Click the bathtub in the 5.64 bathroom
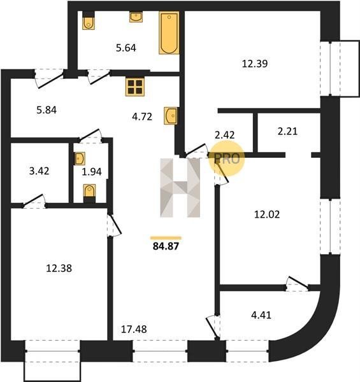(169, 32)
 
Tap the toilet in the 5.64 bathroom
(89, 21)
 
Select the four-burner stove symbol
(135, 87)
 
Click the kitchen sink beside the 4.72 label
(171, 116)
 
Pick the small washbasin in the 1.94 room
(80, 159)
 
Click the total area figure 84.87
(166, 246)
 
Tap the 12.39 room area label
(255, 64)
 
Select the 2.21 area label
(287, 132)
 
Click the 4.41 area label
(261, 315)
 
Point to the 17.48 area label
(134, 329)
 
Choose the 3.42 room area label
(39, 171)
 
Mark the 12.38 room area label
(59, 269)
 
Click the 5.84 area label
(47, 110)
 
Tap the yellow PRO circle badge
(226, 159)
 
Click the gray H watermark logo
(180, 188)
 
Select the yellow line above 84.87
(166, 238)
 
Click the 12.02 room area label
(267, 215)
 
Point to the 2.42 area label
(225, 135)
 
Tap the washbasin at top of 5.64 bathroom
(136, 17)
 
